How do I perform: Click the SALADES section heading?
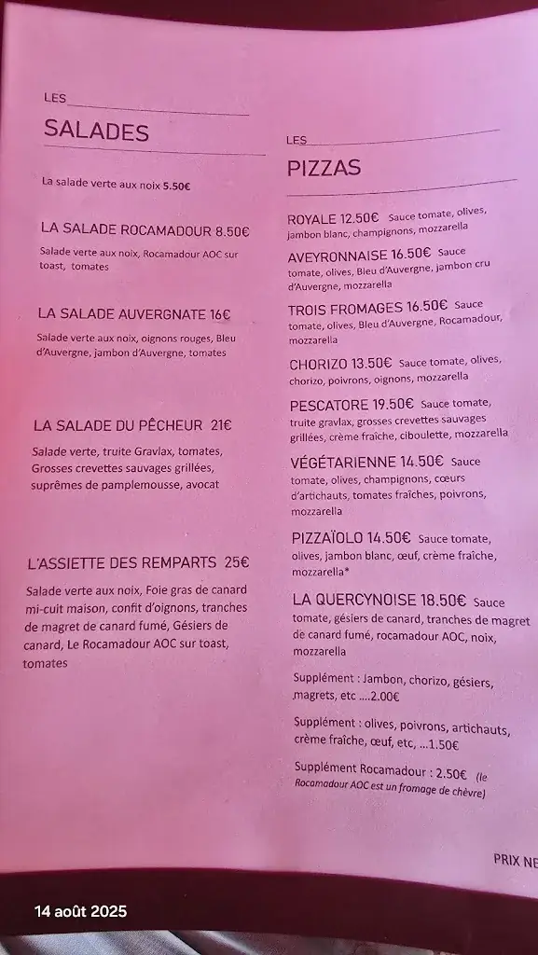coord(96,131)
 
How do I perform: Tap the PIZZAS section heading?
coord(324,169)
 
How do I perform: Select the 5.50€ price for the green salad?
coord(176,186)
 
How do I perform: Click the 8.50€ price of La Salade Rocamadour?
coord(232,230)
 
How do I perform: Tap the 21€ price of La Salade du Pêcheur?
coord(221,425)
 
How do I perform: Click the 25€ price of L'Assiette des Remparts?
coord(237,562)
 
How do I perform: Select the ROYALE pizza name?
coord(311,219)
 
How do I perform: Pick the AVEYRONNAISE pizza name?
coord(338,253)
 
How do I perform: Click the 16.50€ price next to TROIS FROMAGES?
coord(427,305)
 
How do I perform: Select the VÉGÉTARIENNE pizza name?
coord(343,461)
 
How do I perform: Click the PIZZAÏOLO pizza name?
coord(326,538)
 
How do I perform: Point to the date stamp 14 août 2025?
coord(80,911)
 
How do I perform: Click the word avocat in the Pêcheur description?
coord(199,485)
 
